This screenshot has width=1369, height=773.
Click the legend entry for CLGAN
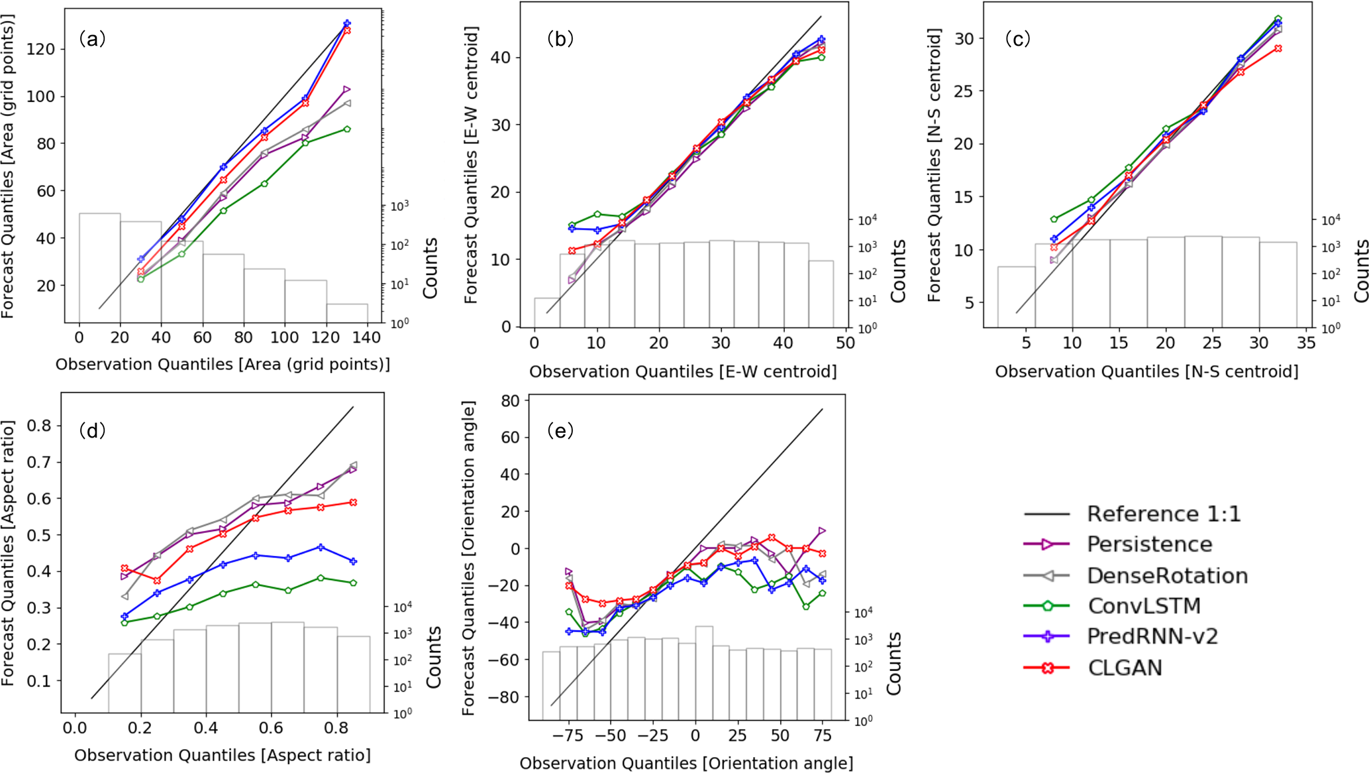click(x=1125, y=667)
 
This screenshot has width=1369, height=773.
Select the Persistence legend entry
click(x=1149, y=544)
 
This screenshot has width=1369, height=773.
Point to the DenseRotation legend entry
click(x=1167, y=575)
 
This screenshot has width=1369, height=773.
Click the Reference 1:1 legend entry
click(x=1163, y=514)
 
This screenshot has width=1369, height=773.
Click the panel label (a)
click(x=92, y=39)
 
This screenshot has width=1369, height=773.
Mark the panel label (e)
click(x=560, y=431)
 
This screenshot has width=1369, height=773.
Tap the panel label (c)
click(x=1017, y=39)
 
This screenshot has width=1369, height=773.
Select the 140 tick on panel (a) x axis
click(x=366, y=337)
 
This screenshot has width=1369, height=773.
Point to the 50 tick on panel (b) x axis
click(x=845, y=343)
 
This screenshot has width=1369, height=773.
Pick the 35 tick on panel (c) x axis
click(x=1305, y=343)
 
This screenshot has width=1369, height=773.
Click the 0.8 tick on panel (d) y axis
click(x=38, y=426)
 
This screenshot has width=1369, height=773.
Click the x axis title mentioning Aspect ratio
click(x=223, y=755)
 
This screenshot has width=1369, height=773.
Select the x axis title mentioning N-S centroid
click(x=1146, y=371)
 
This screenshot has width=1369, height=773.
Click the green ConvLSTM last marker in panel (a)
click(x=347, y=129)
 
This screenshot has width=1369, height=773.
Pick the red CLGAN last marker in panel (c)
click(x=1278, y=48)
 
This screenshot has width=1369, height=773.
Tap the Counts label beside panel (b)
click(x=898, y=271)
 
